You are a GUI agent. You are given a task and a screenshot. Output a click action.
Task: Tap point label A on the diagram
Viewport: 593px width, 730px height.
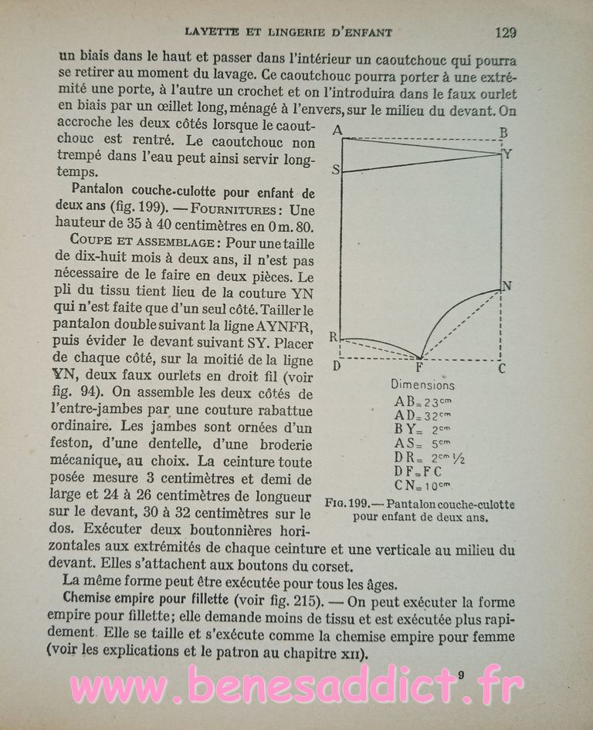pos(337,130)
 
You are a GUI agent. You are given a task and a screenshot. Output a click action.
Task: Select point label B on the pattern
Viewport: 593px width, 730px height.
pos(503,133)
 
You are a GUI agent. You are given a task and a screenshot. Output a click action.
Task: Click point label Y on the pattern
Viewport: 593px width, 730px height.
pos(507,154)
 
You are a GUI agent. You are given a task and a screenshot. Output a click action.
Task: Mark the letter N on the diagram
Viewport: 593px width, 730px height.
pos(507,286)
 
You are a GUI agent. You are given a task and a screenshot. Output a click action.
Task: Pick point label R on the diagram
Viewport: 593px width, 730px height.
pos(334,337)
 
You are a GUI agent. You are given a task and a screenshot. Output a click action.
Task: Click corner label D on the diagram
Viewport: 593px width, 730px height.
pos(337,365)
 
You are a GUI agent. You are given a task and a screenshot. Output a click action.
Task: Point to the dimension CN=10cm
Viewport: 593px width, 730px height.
pos(422,485)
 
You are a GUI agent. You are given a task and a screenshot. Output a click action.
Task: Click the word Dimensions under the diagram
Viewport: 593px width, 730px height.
pos(422,384)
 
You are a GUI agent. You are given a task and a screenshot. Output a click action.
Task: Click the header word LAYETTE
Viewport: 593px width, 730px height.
pos(221,32)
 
